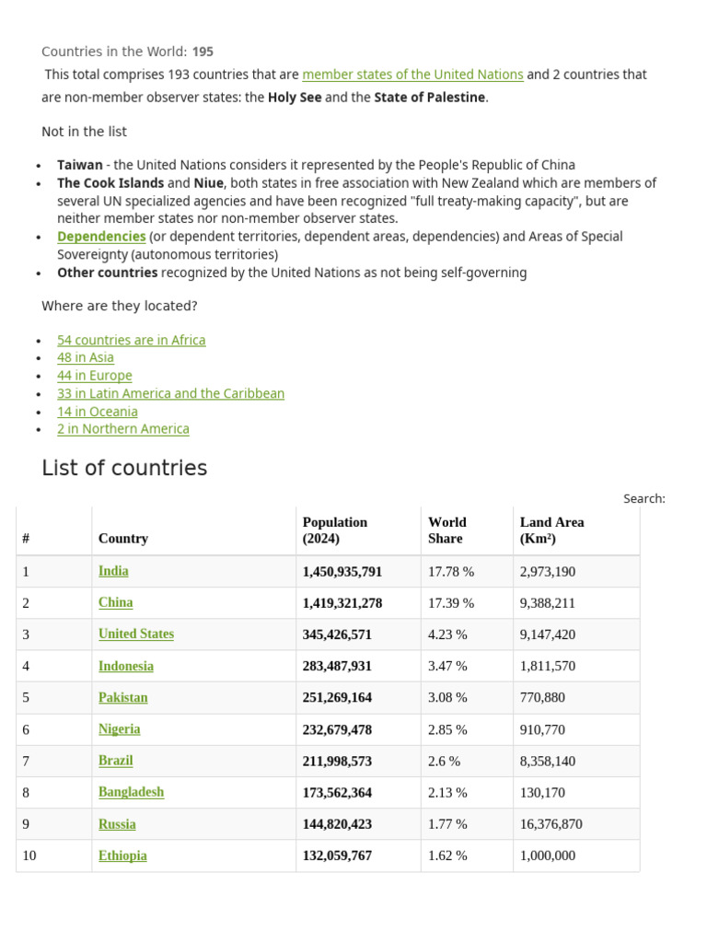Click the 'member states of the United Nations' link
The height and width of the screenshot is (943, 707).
click(412, 75)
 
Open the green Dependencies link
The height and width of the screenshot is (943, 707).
click(101, 237)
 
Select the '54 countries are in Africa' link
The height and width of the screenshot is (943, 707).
click(131, 340)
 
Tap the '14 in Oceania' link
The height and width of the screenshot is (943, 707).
click(97, 412)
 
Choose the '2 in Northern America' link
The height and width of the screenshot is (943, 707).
click(122, 429)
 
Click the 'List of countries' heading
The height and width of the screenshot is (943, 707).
click(124, 468)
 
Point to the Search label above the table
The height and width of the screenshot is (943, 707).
click(643, 498)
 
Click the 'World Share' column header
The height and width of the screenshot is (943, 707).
click(447, 530)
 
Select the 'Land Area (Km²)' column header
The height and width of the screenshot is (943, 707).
click(551, 530)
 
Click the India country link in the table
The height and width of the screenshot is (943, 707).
click(113, 571)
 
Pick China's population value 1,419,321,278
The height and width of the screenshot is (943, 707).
click(342, 603)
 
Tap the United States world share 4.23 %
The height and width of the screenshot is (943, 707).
click(447, 634)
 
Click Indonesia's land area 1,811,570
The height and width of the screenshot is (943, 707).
click(547, 666)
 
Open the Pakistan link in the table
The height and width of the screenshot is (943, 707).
click(122, 697)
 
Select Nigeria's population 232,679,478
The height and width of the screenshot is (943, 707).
click(337, 729)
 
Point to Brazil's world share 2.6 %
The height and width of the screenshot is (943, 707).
click(444, 761)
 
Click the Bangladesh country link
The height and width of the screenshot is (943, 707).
click(131, 792)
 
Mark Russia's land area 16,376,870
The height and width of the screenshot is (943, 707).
click(551, 824)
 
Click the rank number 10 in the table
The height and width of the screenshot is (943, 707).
click(29, 856)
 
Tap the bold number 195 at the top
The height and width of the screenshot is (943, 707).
click(203, 52)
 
